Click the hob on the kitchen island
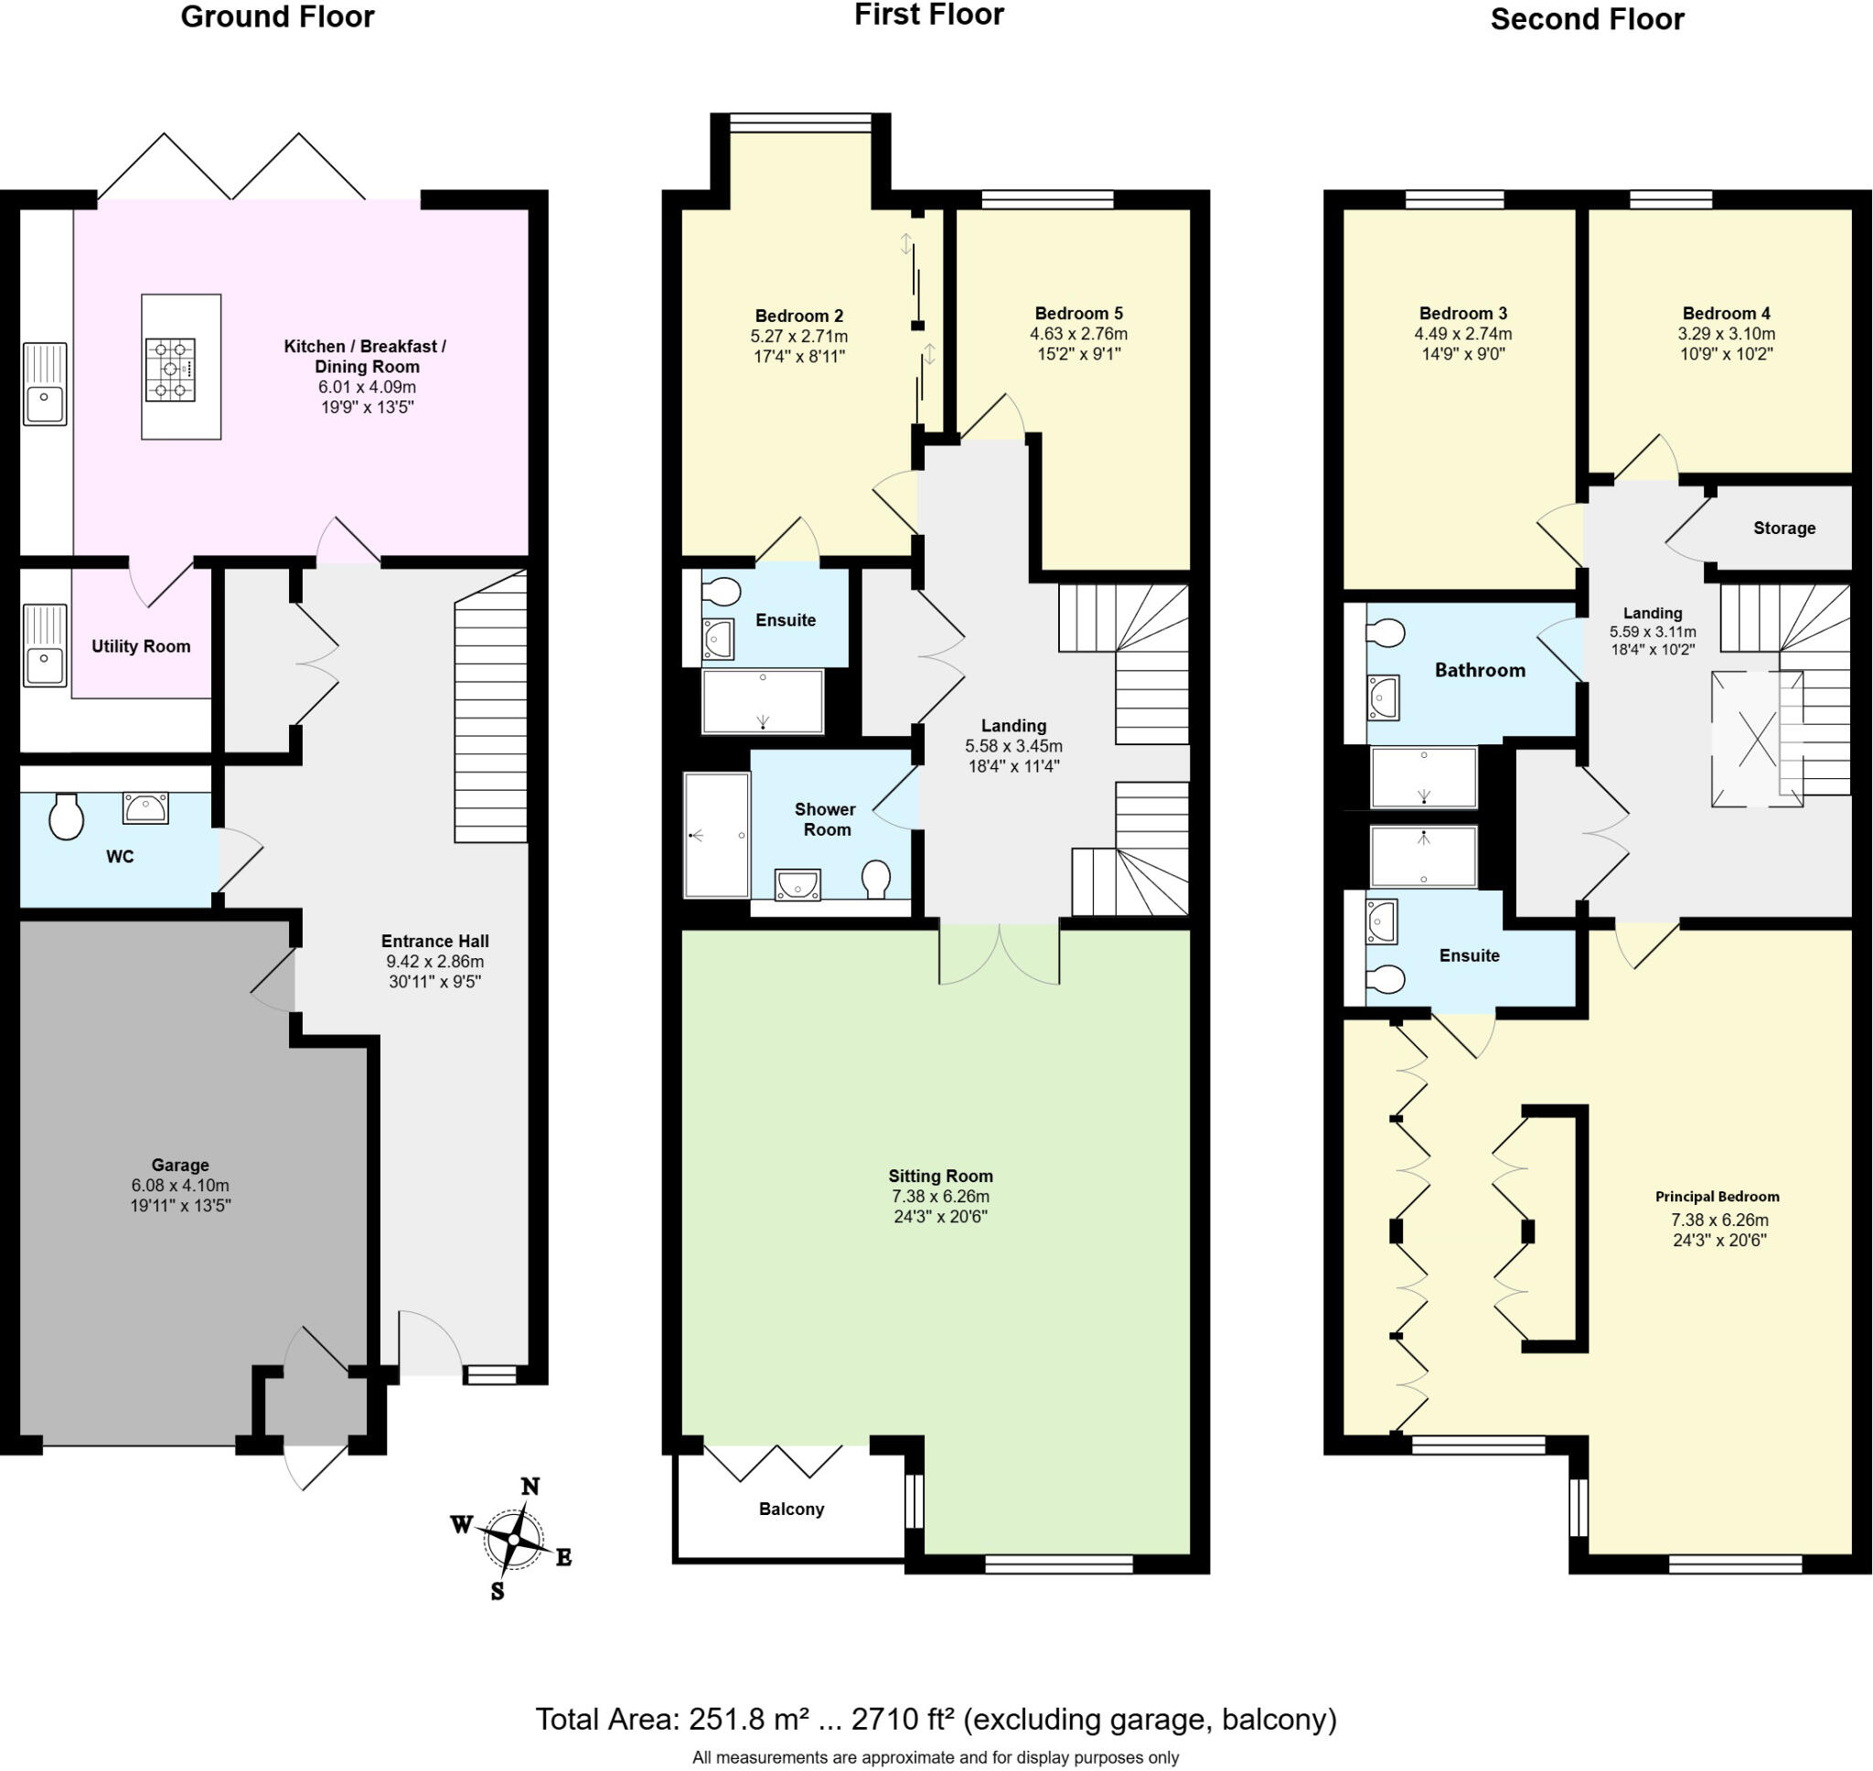171,370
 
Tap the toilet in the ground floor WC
66,816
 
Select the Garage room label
179,1165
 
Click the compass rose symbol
514,1539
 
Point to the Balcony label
791,1510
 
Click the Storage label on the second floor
1783,528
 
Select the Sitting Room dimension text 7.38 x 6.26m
940,1196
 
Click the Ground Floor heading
276,17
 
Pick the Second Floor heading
1586,20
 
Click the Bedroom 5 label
1078,314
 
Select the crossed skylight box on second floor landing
1756,739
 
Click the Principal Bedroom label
1717,1196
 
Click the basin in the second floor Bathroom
1383,698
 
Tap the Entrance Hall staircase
491,722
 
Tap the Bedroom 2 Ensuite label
786,620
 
